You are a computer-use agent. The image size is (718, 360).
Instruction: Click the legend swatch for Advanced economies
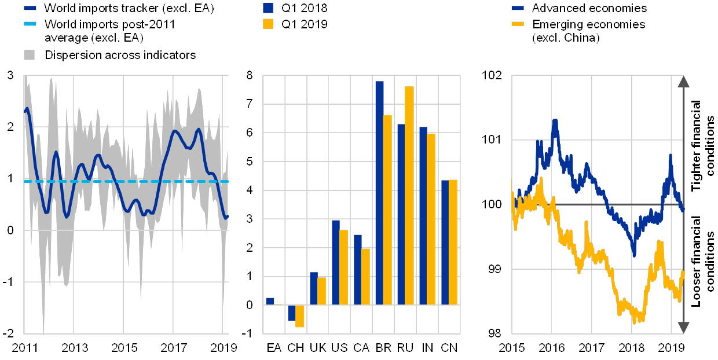click(518, 8)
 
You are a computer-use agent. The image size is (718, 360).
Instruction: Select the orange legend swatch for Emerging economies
click(518, 24)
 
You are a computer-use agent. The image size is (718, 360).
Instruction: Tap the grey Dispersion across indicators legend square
click(30, 55)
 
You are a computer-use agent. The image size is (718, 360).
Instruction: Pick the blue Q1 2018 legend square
click(268, 8)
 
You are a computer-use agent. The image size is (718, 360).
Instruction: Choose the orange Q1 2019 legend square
click(268, 24)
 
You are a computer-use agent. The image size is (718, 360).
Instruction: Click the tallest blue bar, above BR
click(379, 193)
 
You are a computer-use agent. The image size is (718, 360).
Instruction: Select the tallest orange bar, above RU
click(409, 195)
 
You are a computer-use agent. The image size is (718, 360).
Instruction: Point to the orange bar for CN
click(453, 242)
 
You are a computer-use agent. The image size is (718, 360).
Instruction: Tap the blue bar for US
click(335, 262)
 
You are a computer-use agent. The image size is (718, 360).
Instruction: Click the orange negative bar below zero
click(300, 316)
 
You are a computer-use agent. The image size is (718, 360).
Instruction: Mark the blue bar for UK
click(313, 288)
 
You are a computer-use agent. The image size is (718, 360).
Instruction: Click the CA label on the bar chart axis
click(361, 348)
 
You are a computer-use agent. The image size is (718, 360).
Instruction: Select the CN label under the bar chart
click(449, 348)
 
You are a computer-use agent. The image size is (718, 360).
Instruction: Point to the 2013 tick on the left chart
click(75, 348)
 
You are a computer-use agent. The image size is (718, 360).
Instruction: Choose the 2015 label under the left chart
click(124, 348)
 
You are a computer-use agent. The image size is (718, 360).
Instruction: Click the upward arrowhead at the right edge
click(683, 81)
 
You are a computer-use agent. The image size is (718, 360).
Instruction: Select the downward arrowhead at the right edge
click(683, 328)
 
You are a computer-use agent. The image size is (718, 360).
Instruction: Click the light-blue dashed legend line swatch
click(30, 24)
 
